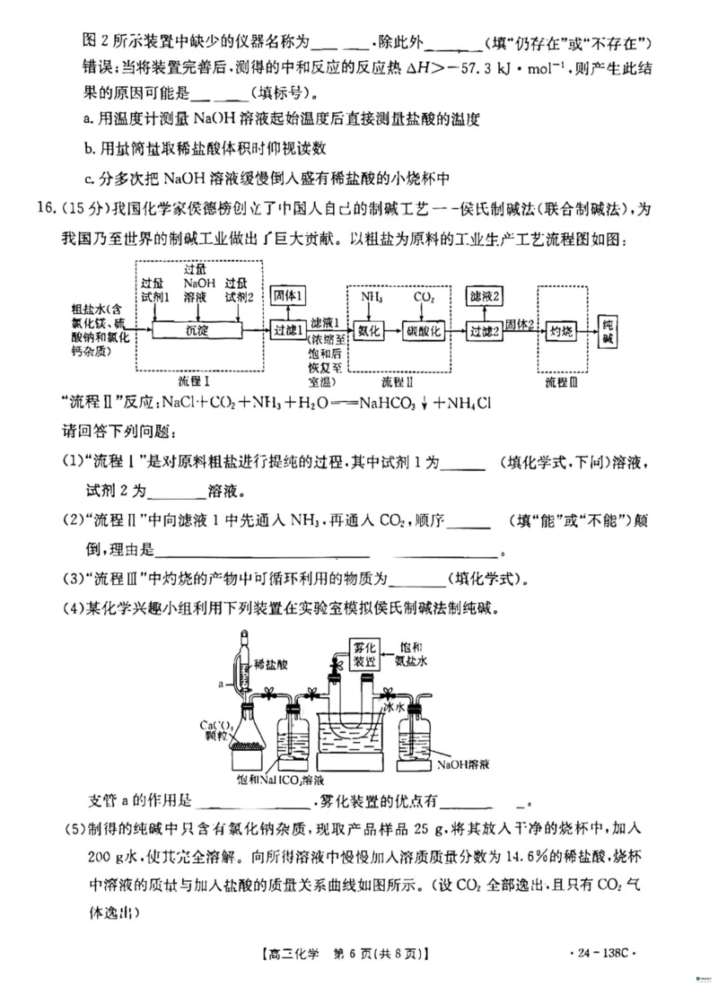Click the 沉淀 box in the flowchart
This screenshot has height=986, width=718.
click(197, 330)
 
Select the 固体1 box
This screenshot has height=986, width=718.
click(289, 294)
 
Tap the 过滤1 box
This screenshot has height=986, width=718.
click(289, 330)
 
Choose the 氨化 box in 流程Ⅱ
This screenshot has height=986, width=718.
click(371, 330)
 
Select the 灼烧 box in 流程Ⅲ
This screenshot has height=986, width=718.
click(561, 330)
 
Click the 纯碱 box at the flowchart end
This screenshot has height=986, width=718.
click(608, 330)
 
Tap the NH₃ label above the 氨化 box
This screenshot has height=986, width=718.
click(372, 295)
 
